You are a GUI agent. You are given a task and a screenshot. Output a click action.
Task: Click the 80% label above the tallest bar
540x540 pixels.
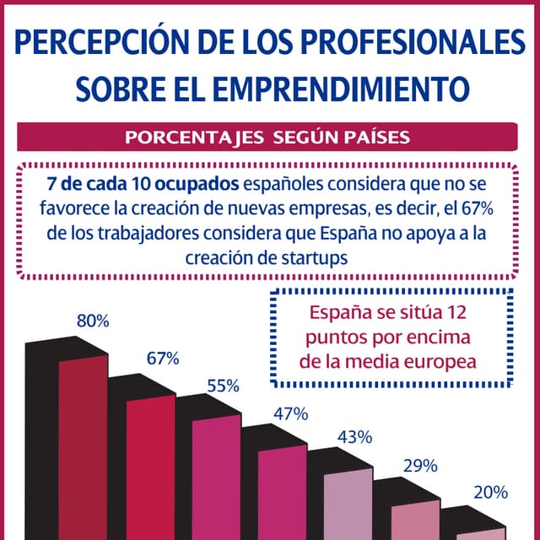[x=93, y=321]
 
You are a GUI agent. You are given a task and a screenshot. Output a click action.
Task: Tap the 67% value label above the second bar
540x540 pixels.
[x=163, y=358]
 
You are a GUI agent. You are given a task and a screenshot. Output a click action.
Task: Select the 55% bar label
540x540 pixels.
[x=224, y=386]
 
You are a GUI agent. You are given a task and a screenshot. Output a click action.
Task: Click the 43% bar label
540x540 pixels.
[x=354, y=437]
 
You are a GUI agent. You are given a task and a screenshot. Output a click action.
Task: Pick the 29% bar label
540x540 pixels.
[x=419, y=466]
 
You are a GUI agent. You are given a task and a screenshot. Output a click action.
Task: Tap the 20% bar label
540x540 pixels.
[x=490, y=493]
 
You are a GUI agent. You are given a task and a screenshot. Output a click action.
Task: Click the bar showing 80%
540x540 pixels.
[x=83, y=447]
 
